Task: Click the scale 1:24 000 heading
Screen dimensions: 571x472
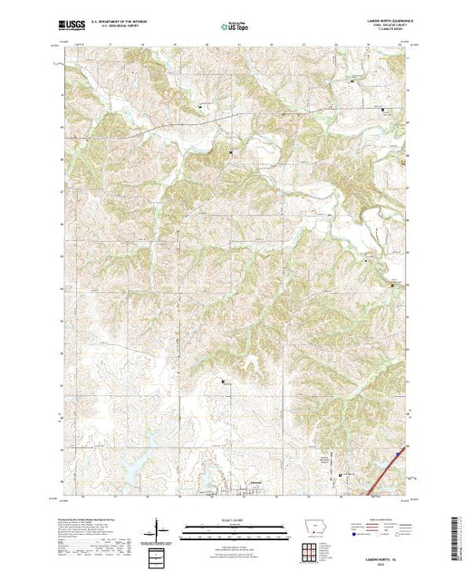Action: pyautogui.click(x=235, y=523)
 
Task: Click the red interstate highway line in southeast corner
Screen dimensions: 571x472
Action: pyautogui.click(x=388, y=472)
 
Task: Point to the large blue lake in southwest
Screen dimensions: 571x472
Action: pyautogui.click(x=131, y=468)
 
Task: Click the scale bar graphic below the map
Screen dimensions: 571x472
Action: pyautogui.click(x=235, y=529)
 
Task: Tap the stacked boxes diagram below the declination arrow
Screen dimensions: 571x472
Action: pyautogui.click(x=158, y=553)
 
